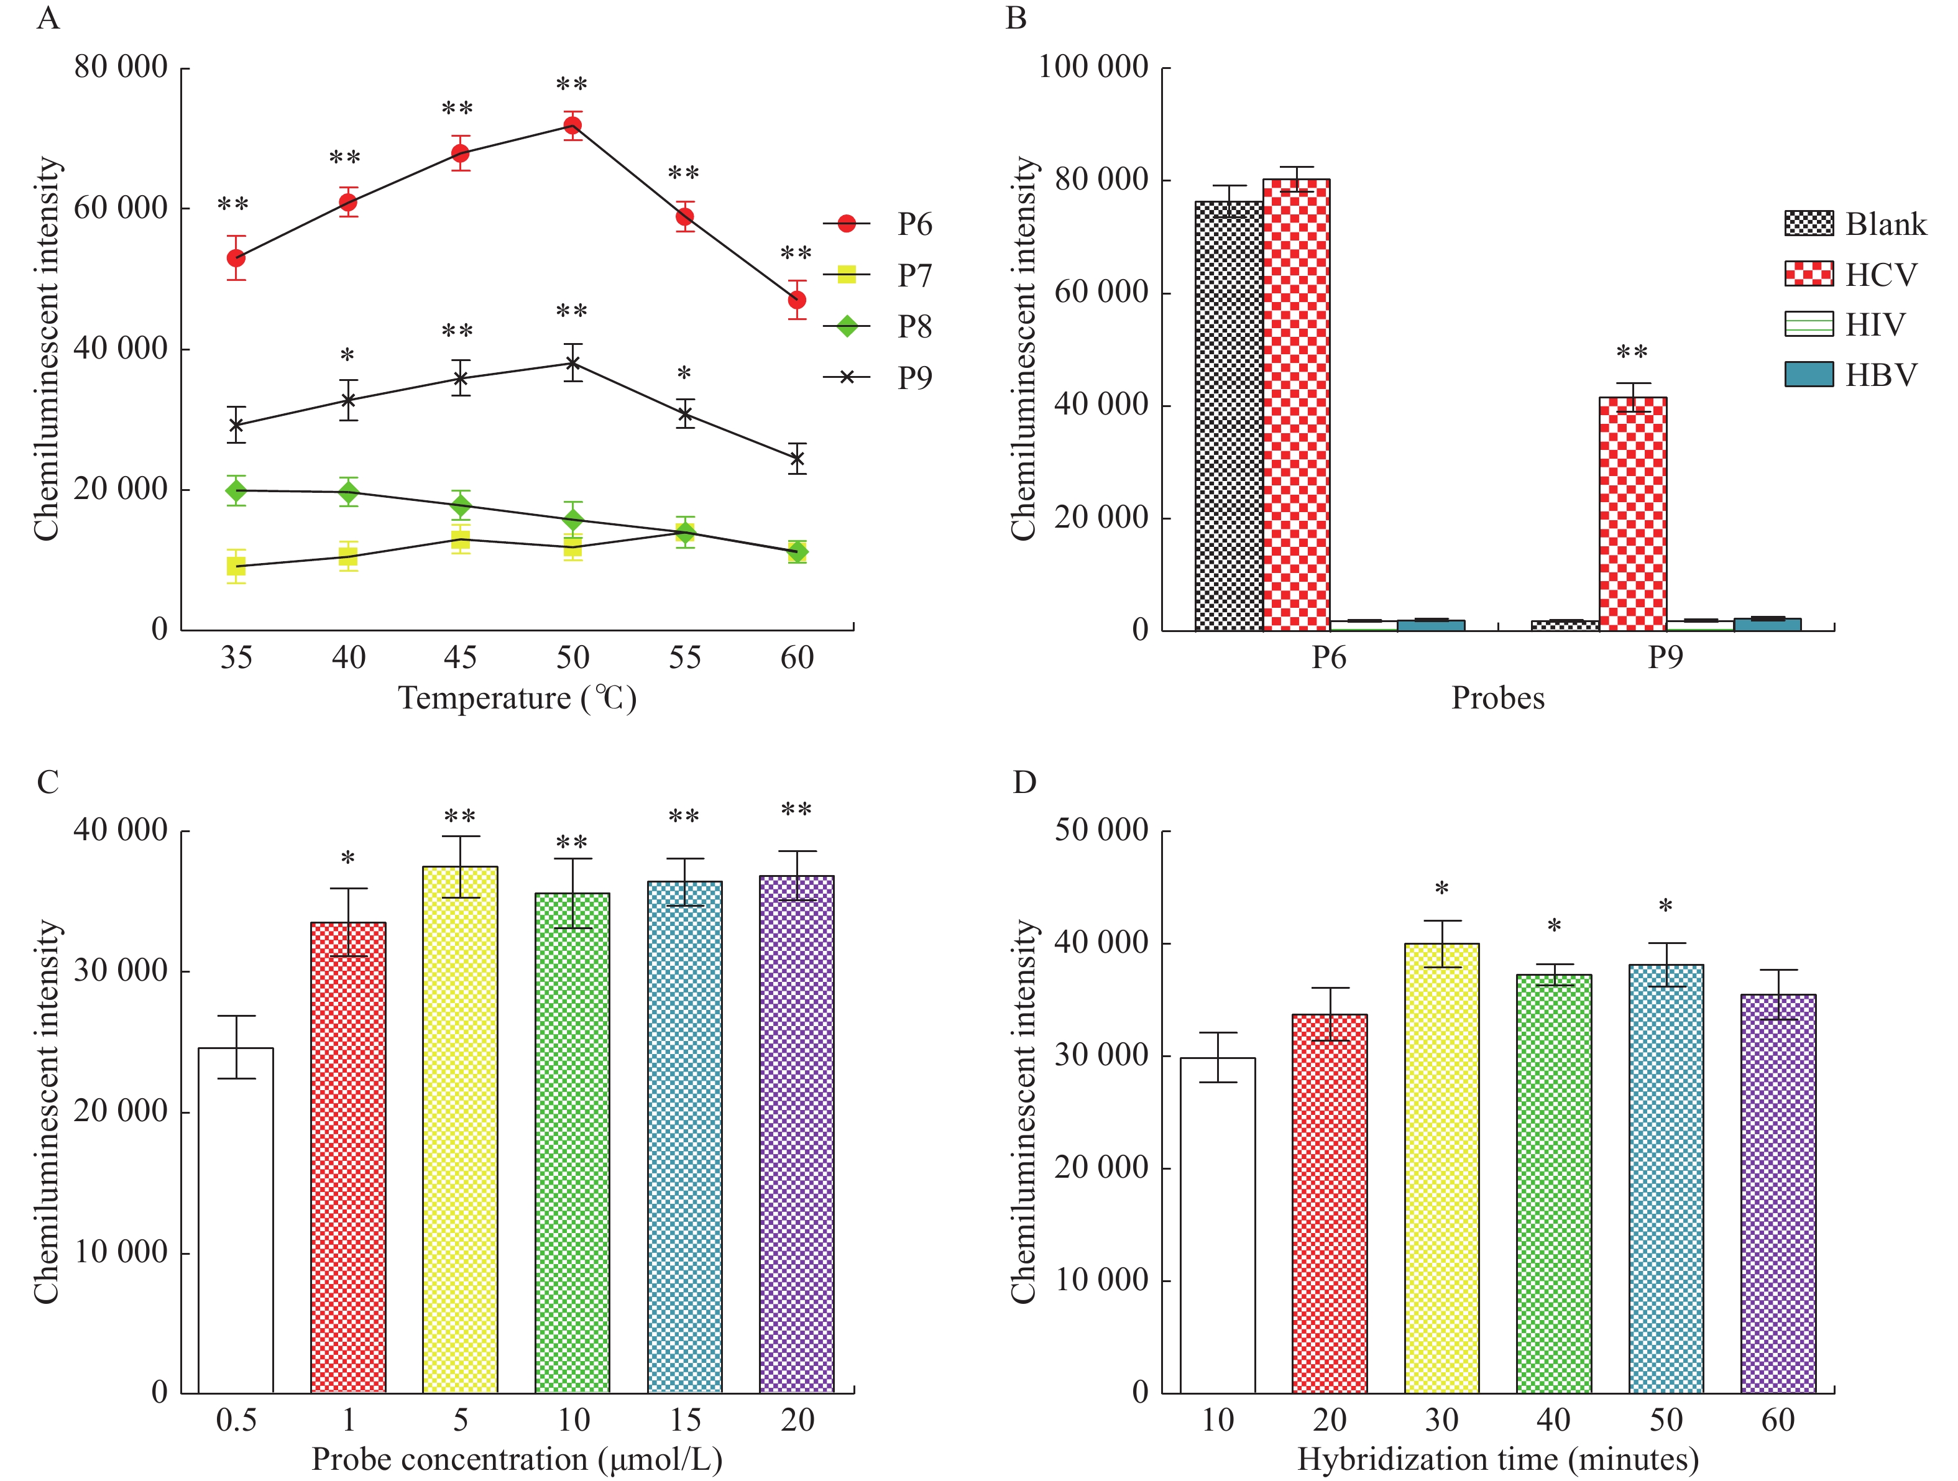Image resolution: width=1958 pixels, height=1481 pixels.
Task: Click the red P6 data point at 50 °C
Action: tap(572, 126)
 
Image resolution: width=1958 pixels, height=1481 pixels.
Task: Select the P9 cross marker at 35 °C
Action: tap(236, 425)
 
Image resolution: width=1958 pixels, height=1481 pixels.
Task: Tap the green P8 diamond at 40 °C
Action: tap(348, 492)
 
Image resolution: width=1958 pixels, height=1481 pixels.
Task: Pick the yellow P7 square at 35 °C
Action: tap(236, 566)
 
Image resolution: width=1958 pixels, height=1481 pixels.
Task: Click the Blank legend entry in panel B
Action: tap(1854, 224)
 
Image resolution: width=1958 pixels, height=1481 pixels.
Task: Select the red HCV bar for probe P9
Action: tap(1632, 513)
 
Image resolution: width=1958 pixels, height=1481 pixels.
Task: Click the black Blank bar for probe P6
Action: tap(1229, 416)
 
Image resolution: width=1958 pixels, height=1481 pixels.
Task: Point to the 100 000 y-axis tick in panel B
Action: tap(1094, 67)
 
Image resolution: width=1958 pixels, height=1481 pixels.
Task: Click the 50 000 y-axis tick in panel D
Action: tap(1101, 830)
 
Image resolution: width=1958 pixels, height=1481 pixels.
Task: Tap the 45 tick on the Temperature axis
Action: tap(461, 658)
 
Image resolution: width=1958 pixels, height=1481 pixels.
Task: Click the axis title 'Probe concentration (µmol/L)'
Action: tap(517, 1459)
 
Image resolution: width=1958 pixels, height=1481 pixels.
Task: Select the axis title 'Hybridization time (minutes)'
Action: tap(1497, 1459)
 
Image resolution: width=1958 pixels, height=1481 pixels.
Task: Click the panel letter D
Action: tap(1024, 782)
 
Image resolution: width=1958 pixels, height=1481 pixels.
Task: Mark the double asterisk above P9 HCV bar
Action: tap(1632, 353)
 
